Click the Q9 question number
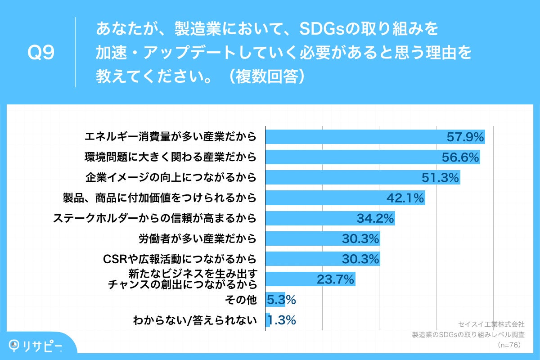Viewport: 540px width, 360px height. click(x=41, y=53)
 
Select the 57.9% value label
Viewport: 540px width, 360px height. click(x=465, y=137)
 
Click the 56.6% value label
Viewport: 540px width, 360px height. click(x=460, y=157)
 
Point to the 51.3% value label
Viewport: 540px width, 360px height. click(x=440, y=177)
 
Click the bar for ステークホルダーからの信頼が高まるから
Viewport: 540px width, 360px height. click(x=330, y=218)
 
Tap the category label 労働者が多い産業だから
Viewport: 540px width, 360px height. click(x=198, y=238)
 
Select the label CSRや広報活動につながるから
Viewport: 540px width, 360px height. click(x=180, y=259)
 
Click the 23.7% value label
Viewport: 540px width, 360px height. click(x=336, y=279)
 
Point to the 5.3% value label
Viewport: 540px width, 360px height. click(x=281, y=300)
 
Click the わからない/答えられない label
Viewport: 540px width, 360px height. click(x=195, y=320)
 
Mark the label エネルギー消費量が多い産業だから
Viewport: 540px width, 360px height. click(x=171, y=136)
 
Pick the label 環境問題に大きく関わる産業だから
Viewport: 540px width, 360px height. click(x=171, y=157)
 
